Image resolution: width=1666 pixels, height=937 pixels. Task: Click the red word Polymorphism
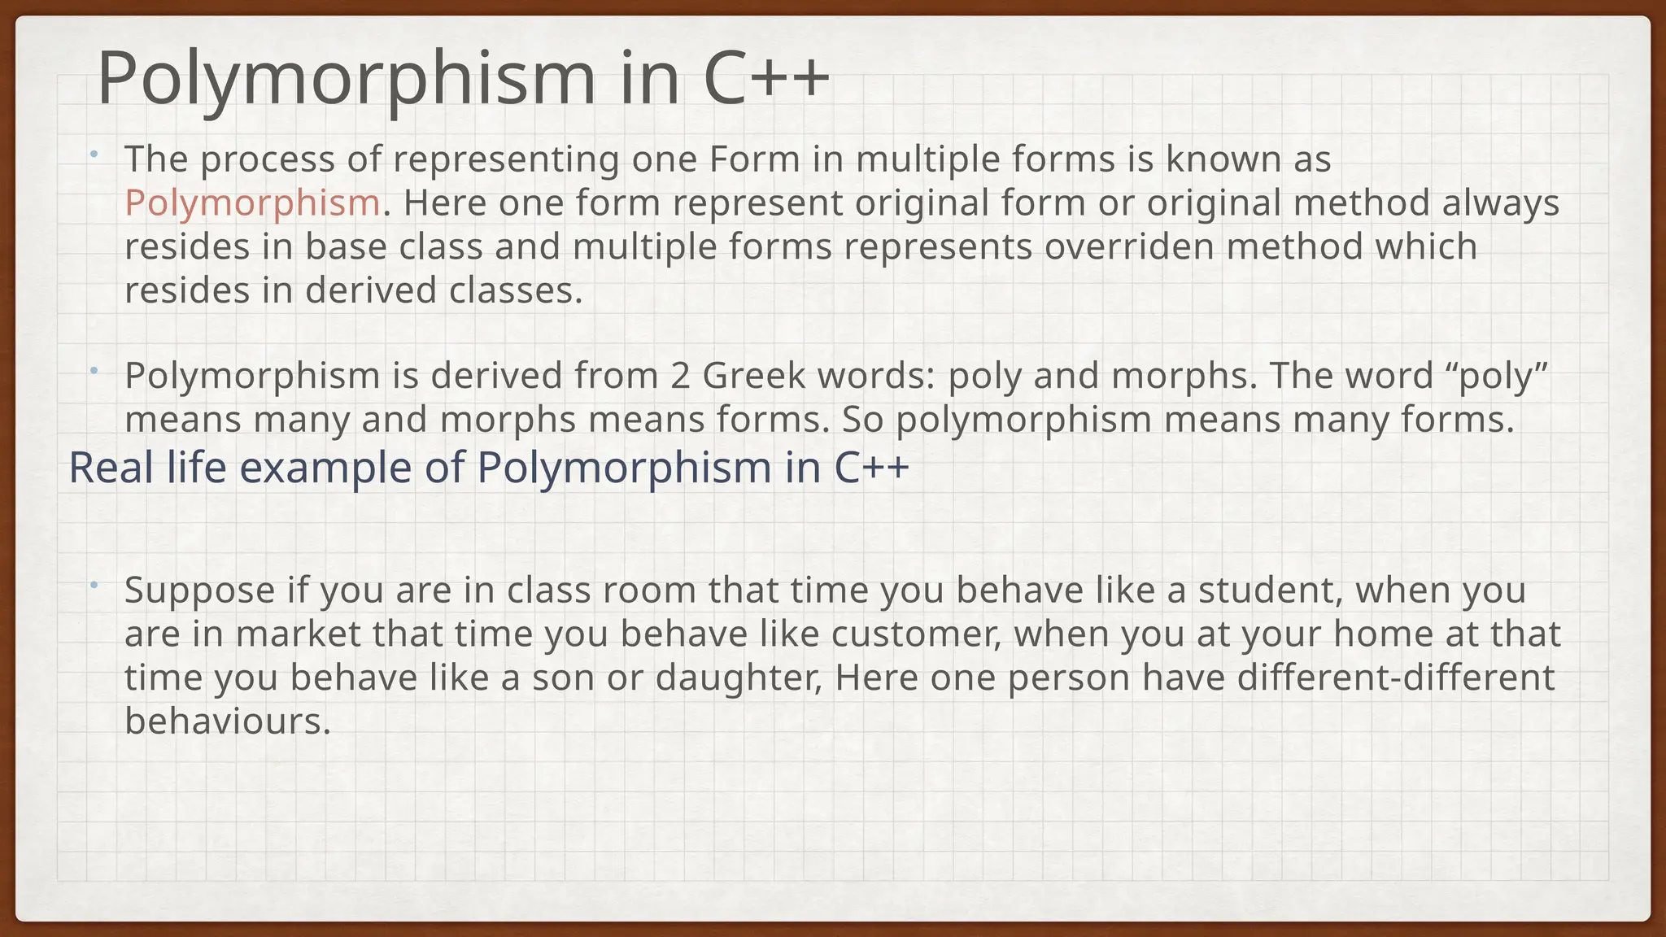[x=252, y=203]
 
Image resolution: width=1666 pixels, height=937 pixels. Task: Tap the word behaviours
[x=227, y=722]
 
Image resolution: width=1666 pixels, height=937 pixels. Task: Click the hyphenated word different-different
[x=1396, y=678]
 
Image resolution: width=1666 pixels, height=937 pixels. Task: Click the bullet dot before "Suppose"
[x=94, y=585]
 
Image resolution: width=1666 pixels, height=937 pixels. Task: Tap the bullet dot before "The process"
[x=94, y=154]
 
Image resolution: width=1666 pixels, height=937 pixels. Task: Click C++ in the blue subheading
[x=871, y=468]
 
